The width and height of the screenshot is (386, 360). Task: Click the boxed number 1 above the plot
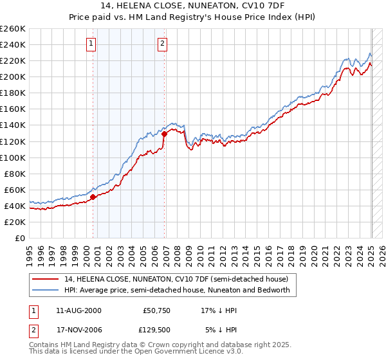[91, 44]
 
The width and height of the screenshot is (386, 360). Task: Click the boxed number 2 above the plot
[163, 44]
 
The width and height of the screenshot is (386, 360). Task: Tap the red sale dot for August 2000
[93, 197]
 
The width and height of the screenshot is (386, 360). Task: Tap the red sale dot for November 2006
[165, 134]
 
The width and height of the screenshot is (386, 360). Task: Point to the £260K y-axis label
[13, 29]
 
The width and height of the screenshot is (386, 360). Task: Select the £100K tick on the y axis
[13, 157]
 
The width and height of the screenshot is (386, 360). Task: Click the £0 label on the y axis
[20, 238]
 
